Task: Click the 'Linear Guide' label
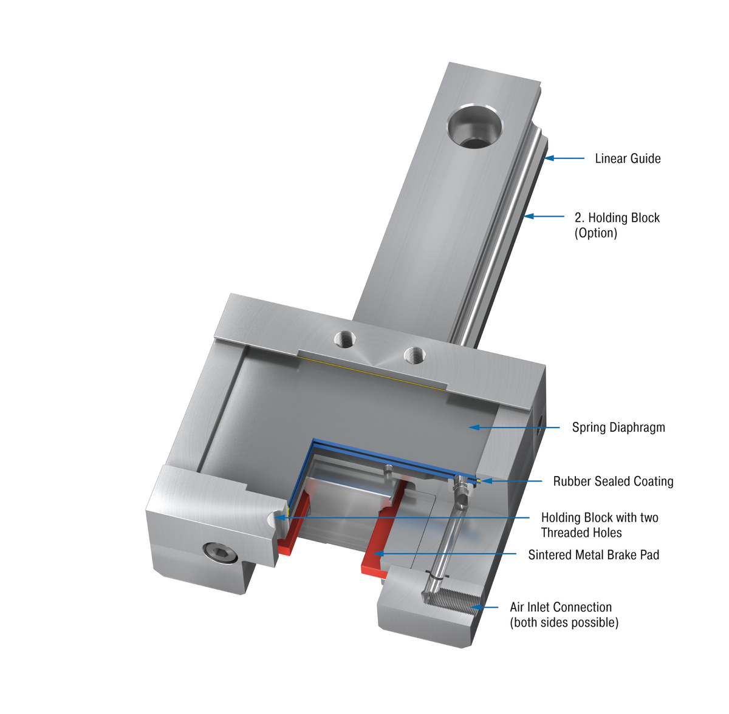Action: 628,158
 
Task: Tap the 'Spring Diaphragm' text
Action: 618,427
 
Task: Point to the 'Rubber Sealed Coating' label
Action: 613,481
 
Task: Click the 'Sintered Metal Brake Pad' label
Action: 594,555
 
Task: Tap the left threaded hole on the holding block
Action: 347,338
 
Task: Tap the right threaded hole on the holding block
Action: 414,353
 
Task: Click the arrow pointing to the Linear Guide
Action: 564,158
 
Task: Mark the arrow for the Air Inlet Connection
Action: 487,607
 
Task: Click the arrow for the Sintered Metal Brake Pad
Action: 443,554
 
